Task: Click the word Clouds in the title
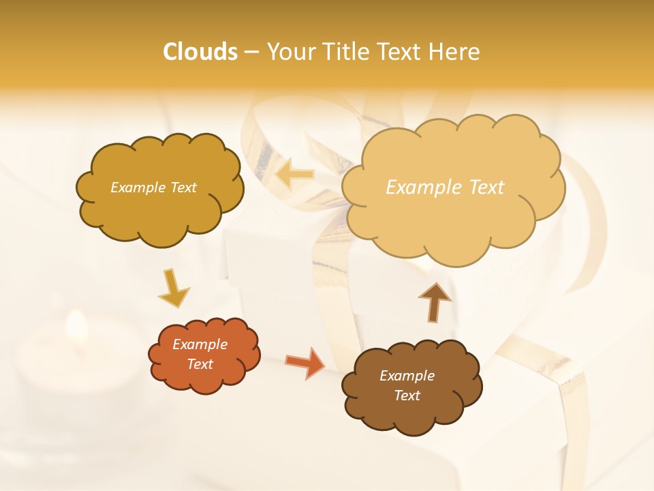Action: click(x=200, y=52)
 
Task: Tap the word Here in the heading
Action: click(x=454, y=52)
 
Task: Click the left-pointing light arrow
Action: click(x=295, y=175)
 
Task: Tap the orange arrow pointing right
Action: click(x=305, y=362)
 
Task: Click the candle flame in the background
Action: click(x=76, y=324)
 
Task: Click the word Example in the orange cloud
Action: click(x=200, y=344)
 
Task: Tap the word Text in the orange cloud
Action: click(x=200, y=364)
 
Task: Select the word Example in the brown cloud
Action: click(x=407, y=376)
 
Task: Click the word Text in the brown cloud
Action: click(x=407, y=396)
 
